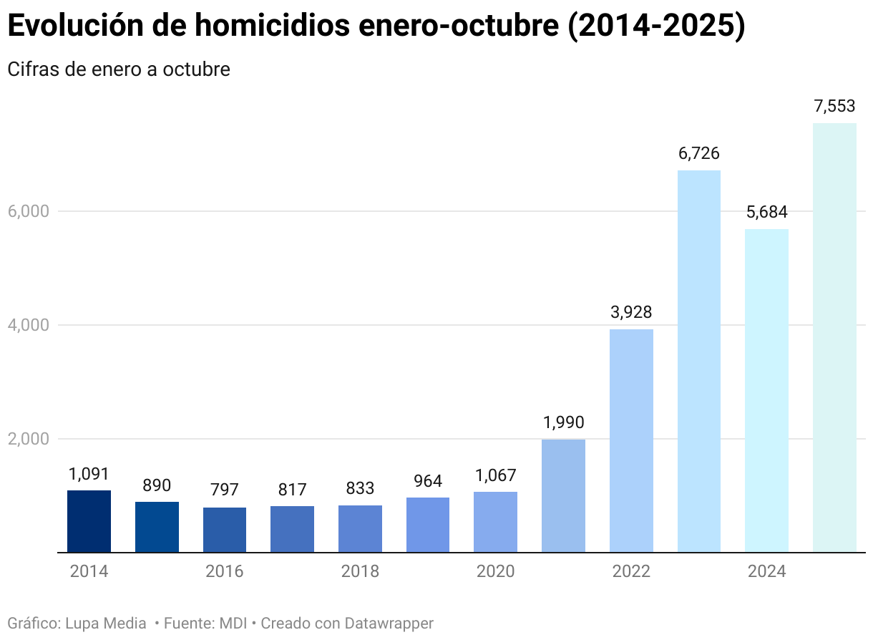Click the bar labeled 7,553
pos(834,337)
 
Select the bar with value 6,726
pos(699,361)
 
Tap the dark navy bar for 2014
pos(89,521)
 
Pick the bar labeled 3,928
pos(631,440)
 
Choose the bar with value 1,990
pos(563,495)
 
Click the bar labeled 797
pos(225,530)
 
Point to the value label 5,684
pos(766,212)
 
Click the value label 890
pos(157,485)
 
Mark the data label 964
pos(428,481)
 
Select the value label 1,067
pos(495,475)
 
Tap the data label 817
pos(292,490)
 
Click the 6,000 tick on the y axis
pos(28,211)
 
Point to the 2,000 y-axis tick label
pos(28,439)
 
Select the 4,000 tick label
pos(28,325)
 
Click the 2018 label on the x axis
pos(360,571)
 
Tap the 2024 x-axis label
pos(766,571)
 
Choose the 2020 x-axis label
pos(495,571)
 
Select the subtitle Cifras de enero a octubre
pos(119,69)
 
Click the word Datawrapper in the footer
pos(389,624)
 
